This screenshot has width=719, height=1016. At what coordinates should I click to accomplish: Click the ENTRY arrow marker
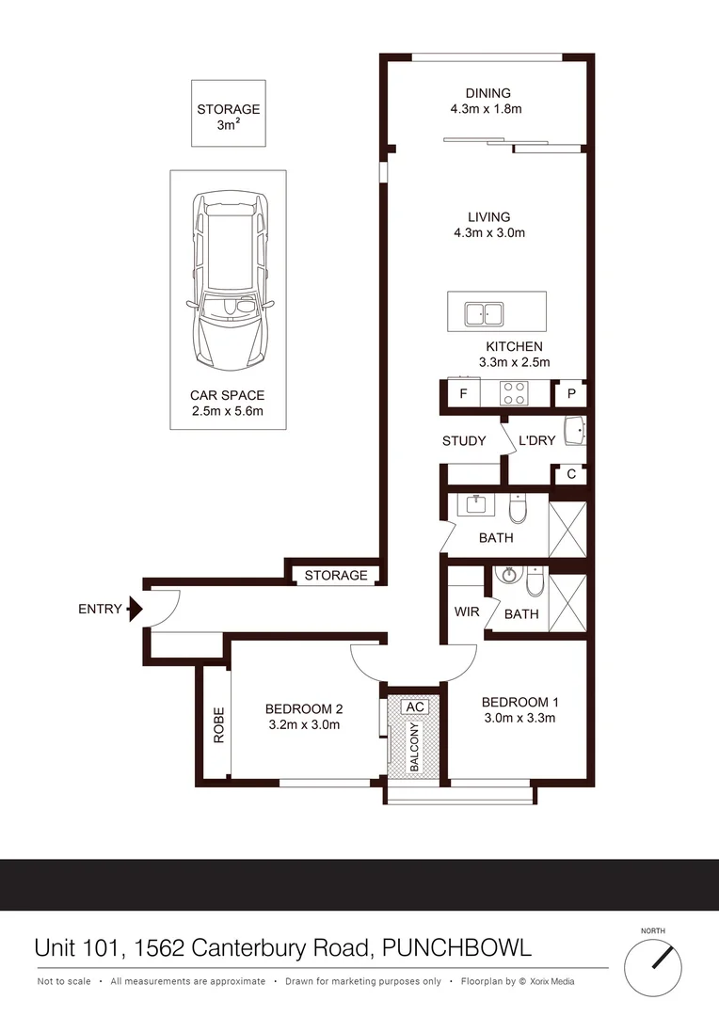coord(134,609)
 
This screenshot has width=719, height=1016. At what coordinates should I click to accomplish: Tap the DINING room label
coord(487,93)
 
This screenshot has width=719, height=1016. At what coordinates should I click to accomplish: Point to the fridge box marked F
coord(462,393)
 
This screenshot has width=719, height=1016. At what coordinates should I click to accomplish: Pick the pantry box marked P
coord(571,393)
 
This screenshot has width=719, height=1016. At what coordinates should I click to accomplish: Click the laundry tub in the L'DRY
coord(574,432)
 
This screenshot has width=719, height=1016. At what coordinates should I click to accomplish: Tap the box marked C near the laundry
coord(571,475)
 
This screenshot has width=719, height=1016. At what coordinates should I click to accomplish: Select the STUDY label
coord(464,440)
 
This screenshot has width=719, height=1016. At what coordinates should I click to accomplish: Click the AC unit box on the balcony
coord(415,706)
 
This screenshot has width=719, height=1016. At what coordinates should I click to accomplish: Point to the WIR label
coord(467,611)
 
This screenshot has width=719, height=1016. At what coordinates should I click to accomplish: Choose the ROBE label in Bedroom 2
coord(218,725)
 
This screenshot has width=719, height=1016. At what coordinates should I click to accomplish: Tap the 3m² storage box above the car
coord(229,114)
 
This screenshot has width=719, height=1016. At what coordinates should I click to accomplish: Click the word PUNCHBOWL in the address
coord(457,947)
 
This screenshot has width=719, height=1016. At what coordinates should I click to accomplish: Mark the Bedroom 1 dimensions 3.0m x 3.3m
coord(520,719)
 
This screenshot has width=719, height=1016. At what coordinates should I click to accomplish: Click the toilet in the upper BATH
coord(518,510)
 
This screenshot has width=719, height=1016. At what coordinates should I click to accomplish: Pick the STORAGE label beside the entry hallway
coord(336,575)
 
